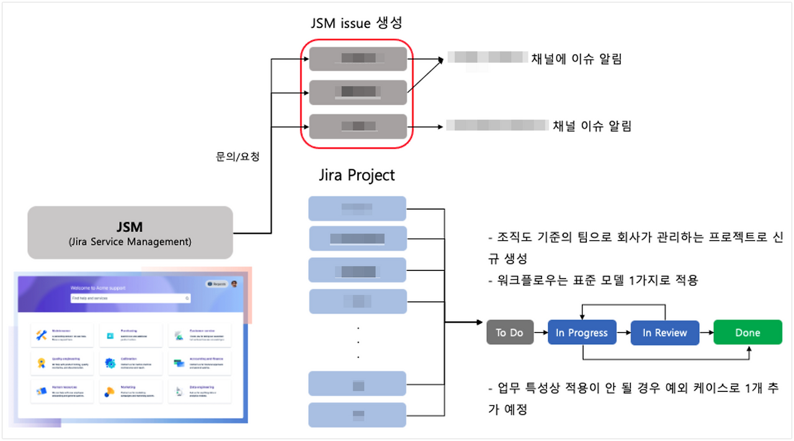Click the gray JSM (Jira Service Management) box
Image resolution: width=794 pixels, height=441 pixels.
(130, 233)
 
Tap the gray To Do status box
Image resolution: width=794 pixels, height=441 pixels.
(509, 333)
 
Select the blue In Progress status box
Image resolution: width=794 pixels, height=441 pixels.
(582, 333)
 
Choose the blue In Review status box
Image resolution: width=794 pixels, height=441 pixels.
(664, 333)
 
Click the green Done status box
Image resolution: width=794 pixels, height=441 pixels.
(747, 333)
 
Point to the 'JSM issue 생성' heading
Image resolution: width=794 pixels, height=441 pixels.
(357, 24)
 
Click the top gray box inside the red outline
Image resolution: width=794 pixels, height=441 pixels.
(358, 59)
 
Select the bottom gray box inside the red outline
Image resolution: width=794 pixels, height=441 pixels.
(358, 127)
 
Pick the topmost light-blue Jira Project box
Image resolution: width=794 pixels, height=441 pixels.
(357, 208)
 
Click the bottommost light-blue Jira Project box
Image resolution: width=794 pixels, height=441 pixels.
(357, 414)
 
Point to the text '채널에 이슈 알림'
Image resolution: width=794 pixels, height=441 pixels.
(576, 59)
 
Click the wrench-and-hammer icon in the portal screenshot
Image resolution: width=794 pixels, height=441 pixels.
(42, 336)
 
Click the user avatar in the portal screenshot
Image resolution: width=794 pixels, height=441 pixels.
(234, 284)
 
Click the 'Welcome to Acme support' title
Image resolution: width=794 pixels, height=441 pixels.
(98, 288)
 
